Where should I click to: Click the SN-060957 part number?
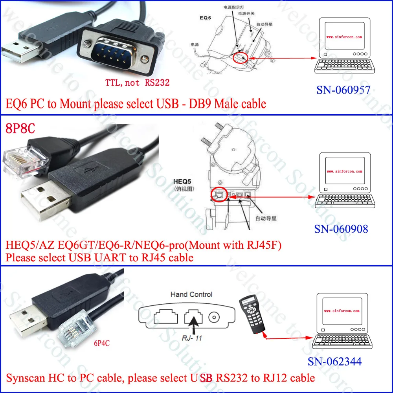click(x=343, y=90)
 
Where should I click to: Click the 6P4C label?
click(x=101, y=343)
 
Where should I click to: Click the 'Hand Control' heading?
click(x=191, y=294)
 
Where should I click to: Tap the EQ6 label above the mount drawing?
click(x=206, y=18)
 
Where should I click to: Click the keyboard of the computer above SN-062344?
click(x=343, y=342)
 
